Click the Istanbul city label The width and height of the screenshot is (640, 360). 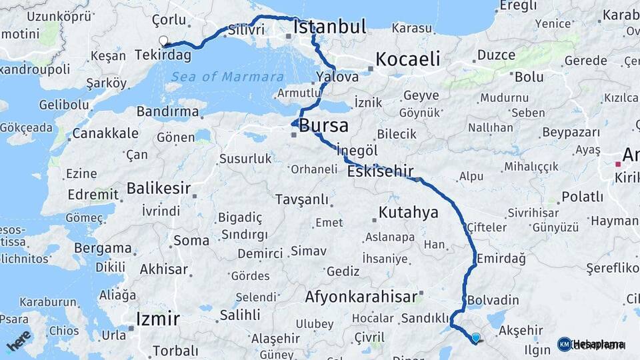[330, 27]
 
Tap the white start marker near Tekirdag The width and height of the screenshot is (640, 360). [163, 41]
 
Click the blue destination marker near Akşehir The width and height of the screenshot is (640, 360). [475, 338]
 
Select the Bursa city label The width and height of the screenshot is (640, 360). [324, 125]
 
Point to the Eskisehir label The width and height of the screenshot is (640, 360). [380, 171]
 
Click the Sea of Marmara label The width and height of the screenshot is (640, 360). [227, 77]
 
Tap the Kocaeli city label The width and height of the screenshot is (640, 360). [407, 59]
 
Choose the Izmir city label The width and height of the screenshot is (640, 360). [157, 318]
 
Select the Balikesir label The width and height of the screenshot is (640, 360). [159, 188]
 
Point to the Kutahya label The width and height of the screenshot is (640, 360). [409, 213]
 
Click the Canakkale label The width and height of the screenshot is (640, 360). [105, 133]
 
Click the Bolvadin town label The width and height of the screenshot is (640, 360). [493, 300]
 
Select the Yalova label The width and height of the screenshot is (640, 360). [337, 77]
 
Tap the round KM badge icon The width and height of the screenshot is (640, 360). [564, 344]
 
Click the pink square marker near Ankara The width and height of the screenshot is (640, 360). [618, 163]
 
